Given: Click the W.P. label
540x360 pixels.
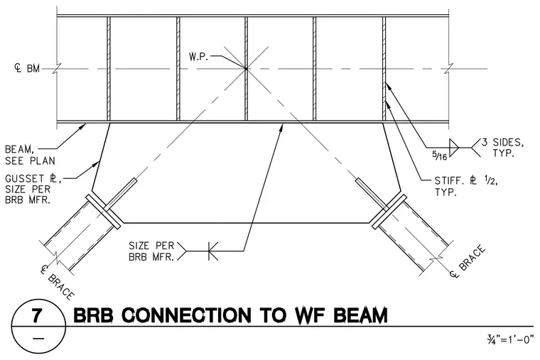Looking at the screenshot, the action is click(x=199, y=57).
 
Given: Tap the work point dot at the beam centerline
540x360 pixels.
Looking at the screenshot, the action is click(x=246, y=69).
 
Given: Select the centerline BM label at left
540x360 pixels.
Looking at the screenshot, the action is click(x=27, y=68).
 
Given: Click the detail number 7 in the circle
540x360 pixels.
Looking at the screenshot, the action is click(x=38, y=315).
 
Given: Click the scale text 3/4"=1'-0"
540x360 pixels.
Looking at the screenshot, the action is click(x=510, y=340).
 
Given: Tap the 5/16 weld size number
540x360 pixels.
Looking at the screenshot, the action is click(x=439, y=156).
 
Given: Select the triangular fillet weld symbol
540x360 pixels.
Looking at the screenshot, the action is click(x=454, y=148).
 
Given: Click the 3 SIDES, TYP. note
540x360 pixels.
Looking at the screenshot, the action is click(x=503, y=147).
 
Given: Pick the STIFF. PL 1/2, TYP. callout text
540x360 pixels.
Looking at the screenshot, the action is click(x=466, y=186).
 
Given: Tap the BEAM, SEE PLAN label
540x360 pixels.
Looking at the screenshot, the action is click(x=30, y=155).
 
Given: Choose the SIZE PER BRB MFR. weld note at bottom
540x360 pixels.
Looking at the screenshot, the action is click(x=151, y=251).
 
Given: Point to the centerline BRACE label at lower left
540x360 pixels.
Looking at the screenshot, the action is click(x=57, y=282).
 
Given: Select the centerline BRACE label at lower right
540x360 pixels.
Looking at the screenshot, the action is click(x=468, y=261).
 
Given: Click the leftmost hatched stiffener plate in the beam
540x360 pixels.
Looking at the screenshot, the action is click(x=109, y=69).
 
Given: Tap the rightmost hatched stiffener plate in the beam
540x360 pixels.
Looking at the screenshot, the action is click(x=384, y=69).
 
